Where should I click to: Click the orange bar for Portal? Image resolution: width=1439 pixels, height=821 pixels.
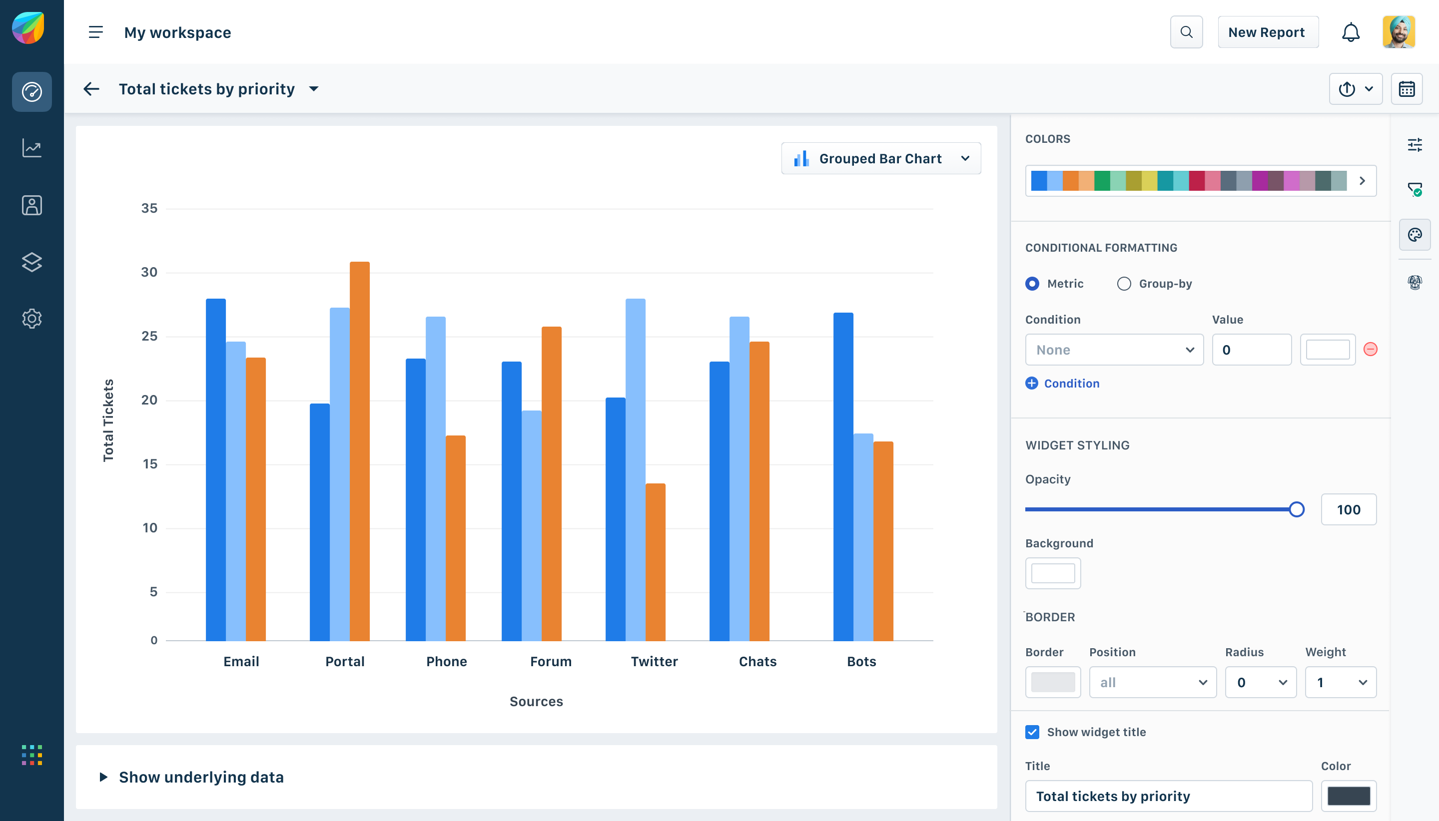(x=359, y=451)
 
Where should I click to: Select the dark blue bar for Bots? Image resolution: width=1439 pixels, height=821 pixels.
(x=843, y=476)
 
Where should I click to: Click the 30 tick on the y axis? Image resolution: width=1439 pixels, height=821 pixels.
(x=149, y=272)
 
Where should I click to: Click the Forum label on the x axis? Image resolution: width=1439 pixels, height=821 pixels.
(x=551, y=661)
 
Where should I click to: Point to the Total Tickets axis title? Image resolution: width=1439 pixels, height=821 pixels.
(x=108, y=420)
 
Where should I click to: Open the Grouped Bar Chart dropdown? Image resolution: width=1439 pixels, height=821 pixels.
(x=880, y=158)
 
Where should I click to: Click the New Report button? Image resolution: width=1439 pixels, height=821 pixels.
(x=1267, y=32)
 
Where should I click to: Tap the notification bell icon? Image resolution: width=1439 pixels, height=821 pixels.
(x=1350, y=32)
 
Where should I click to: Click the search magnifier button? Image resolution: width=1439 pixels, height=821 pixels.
(x=1186, y=32)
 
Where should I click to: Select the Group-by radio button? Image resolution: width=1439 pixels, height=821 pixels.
(x=1124, y=284)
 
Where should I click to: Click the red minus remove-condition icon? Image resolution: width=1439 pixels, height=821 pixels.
(x=1370, y=350)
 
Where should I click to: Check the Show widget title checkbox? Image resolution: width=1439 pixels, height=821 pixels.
(x=1032, y=732)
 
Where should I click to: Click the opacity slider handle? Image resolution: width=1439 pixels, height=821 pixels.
(x=1296, y=510)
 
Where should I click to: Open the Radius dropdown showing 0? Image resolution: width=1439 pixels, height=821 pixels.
(x=1260, y=682)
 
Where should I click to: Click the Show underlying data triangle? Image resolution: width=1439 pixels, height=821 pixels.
(x=103, y=777)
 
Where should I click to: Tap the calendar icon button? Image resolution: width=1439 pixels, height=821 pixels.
(x=1407, y=89)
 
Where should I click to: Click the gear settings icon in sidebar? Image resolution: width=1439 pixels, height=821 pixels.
(x=31, y=319)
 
